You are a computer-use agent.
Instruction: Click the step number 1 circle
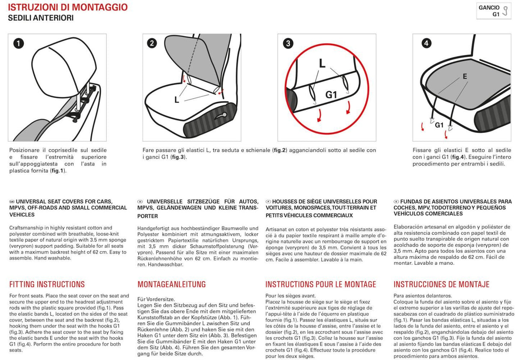18,43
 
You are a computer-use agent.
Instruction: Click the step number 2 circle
152,43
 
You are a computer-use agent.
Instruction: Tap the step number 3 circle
288,43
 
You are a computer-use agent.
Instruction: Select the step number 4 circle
426,43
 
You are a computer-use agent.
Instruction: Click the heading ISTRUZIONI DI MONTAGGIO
68,7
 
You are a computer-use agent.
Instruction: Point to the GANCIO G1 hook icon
505,11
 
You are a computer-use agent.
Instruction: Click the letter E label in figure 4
464,77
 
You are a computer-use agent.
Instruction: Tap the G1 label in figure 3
331,95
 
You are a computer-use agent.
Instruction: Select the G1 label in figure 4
439,125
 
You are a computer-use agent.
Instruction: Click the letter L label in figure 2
176,100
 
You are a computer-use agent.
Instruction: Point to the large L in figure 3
322,63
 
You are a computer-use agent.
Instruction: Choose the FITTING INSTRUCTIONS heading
47,284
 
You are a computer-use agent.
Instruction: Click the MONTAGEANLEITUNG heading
171,284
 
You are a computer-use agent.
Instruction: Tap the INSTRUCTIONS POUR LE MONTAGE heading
320,284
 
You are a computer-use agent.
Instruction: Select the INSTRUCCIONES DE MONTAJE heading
441,284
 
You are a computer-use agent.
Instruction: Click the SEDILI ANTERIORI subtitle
41,18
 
